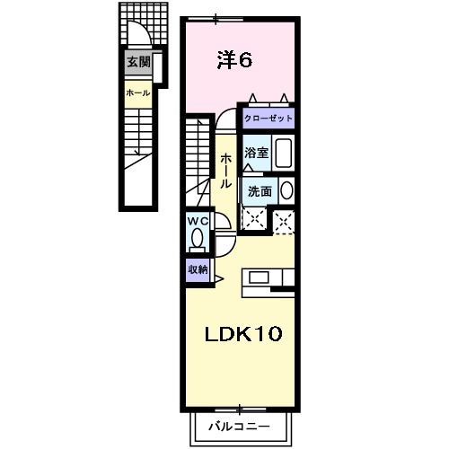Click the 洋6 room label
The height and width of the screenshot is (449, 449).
234,60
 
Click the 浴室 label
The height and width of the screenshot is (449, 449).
257,152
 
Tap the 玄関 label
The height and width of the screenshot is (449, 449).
137,62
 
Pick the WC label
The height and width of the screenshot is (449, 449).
197,220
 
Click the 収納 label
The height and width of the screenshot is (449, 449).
198,269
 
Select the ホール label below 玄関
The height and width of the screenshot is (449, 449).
137,92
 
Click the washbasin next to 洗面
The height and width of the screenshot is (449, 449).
286,189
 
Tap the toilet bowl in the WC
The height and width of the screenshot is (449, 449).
197,239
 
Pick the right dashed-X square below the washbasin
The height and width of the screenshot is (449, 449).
285,220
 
